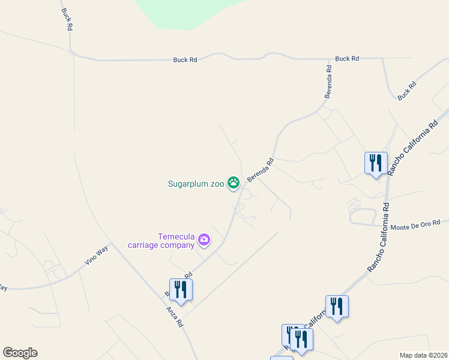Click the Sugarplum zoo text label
pyautogui.click(x=196, y=184)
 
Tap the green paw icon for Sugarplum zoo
pyautogui.click(x=234, y=183)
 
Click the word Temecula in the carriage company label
pyautogui.click(x=176, y=236)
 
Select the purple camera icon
pyautogui.click(x=205, y=240)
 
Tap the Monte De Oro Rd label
pyautogui.click(x=415, y=226)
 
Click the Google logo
pyautogui.click(x=20, y=353)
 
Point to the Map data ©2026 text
pyautogui.click(x=423, y=355)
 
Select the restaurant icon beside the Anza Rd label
pyautogui.click(x=181, y=290)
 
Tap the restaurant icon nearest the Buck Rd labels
pyautogui.click(x=375, y=163)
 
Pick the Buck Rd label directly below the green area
pyautogui.click(x=185, y=60)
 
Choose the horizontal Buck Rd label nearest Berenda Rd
pyautogui.click(x=347, y=59)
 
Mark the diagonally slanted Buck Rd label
pyautogui.click(x=407, y=91)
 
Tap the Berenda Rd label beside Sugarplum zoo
pyautogui.click(x=261, y=170)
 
